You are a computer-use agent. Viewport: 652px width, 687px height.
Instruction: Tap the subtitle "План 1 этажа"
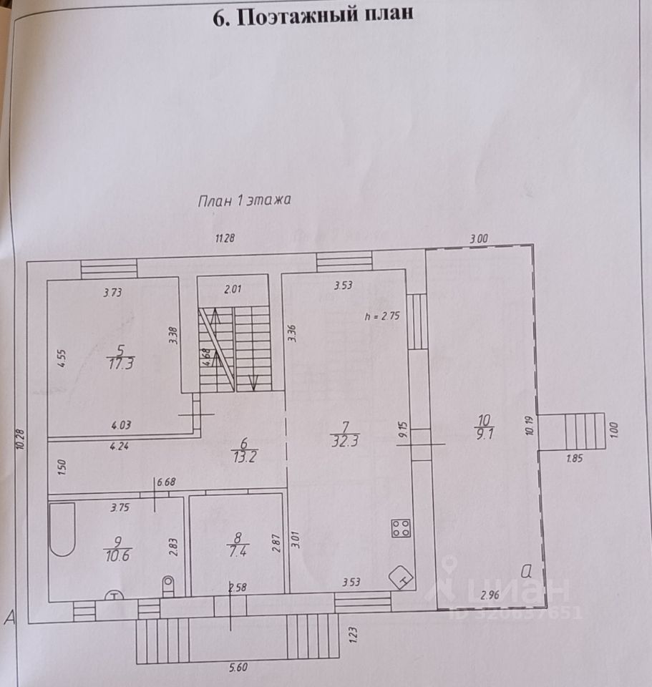243,201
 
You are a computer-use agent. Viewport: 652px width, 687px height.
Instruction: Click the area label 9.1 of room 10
483,432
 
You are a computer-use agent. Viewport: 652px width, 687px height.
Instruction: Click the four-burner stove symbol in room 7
400,529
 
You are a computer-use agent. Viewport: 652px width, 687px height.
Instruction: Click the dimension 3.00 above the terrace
477,239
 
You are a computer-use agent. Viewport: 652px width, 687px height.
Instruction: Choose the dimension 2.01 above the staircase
233,289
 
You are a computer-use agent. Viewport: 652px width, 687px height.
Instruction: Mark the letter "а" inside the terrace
527,570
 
